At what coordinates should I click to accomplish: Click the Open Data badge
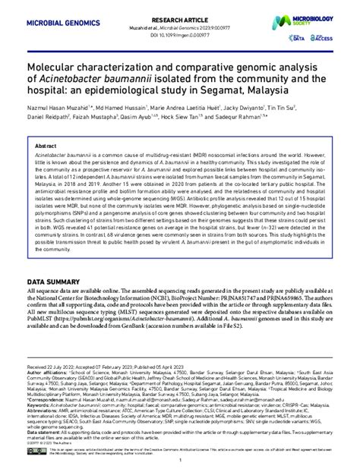coord(298,35)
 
